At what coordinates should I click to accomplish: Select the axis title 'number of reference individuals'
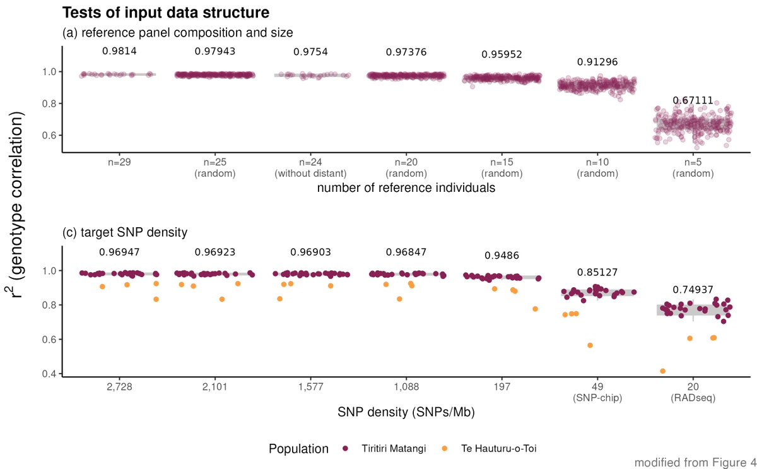pos(406,188)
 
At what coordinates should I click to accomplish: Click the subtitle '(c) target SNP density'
pos(125,232)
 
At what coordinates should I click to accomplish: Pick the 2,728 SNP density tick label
pos(119,386)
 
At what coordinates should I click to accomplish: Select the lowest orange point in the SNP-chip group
pos(590,345)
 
